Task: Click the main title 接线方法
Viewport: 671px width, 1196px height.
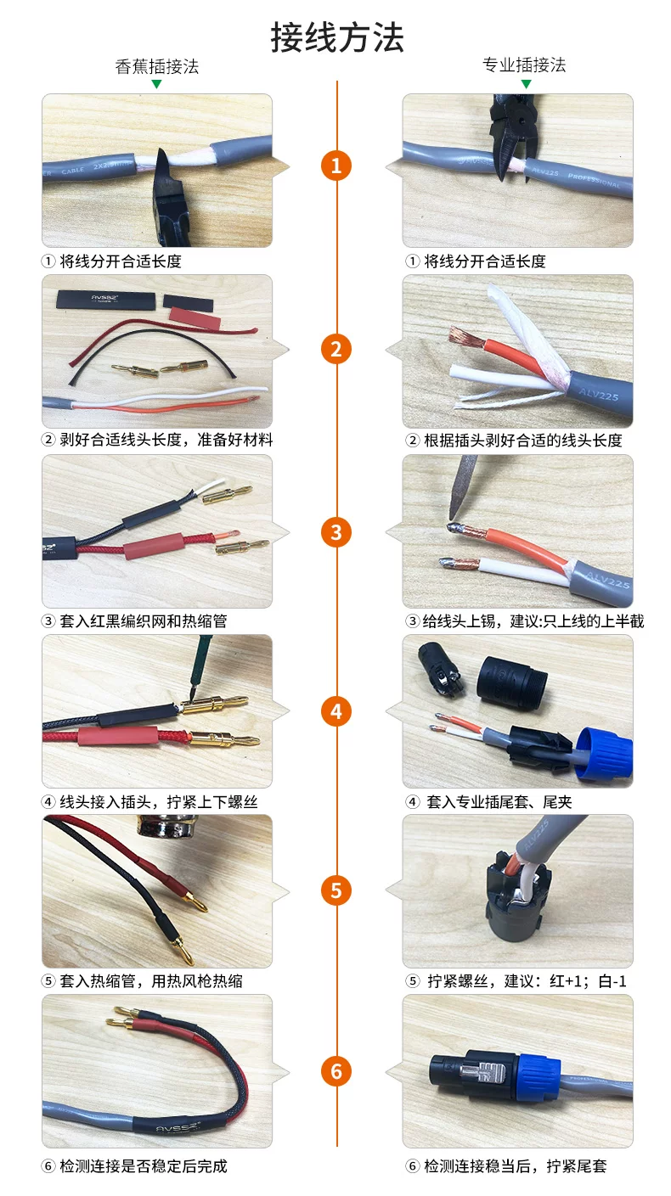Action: (x=337, y=37)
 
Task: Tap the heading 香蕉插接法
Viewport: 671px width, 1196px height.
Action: (x=156, y=66)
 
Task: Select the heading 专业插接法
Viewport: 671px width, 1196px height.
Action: (x=524, y=65)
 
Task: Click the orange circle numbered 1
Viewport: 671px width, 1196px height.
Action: (x=336, y=165)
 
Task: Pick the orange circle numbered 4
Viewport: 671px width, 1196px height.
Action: (x=336, y=711)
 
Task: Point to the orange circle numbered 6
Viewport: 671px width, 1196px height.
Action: (x=336, y=1071)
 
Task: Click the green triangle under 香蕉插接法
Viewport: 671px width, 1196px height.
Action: (x=156, y=84)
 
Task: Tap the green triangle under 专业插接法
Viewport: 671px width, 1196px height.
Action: (x=527, y=84)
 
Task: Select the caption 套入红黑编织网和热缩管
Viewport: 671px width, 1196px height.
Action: (x=144, y=621)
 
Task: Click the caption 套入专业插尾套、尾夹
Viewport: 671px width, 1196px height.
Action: (x=499, y=802)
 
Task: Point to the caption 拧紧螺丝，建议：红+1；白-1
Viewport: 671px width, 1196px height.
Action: (x=527, y=981)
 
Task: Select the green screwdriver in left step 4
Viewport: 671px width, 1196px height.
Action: (x=199, y=665)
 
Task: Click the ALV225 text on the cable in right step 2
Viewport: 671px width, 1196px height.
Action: (x=598, y=395)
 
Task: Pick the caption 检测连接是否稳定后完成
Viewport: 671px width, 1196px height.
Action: (x=144, y=1166)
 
